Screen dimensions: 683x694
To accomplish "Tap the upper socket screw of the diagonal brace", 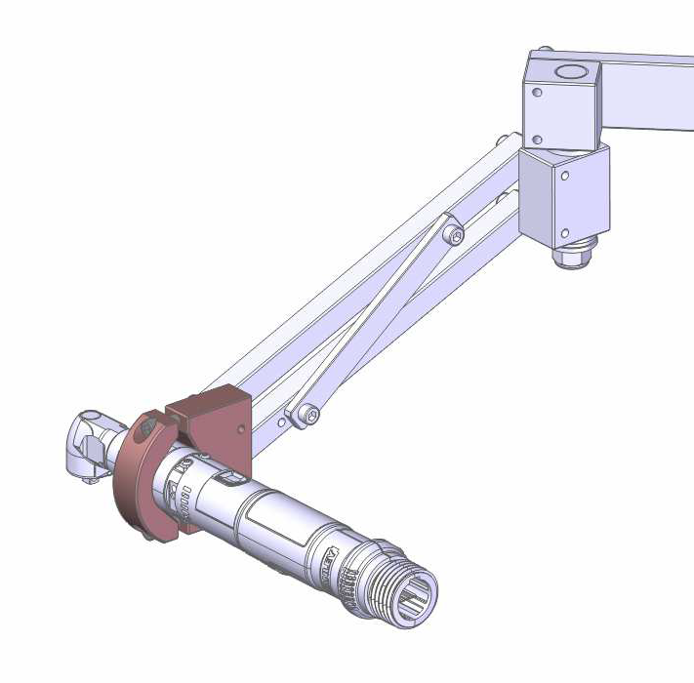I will pyautogui.click(x=452, y=234).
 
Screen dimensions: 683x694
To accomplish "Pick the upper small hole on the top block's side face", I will pyautogui.click(x=536, y=94).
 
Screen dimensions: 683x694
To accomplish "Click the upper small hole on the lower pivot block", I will pyautogui.click(x=565, y=177).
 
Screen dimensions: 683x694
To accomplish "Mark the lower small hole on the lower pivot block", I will pyautogui.click(x=563, y=232).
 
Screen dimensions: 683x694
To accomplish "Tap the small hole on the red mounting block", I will pyautogui.click(x=242, y=427).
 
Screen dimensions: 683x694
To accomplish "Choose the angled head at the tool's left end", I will pyautogui.click(x=92, y=444).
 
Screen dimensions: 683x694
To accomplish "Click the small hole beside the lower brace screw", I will pyautogui.click(x=282, y=423).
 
